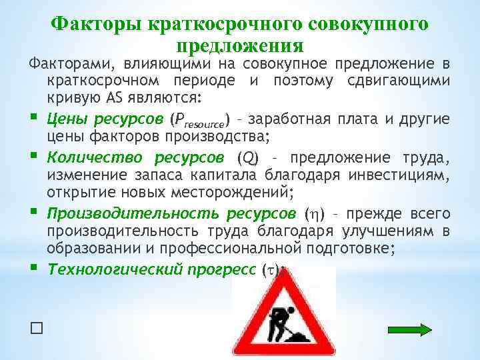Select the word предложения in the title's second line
(240, 46)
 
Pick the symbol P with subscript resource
(201, 121)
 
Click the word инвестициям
(408, 175)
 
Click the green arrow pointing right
(410, 329)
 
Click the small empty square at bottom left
(36, 328)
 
